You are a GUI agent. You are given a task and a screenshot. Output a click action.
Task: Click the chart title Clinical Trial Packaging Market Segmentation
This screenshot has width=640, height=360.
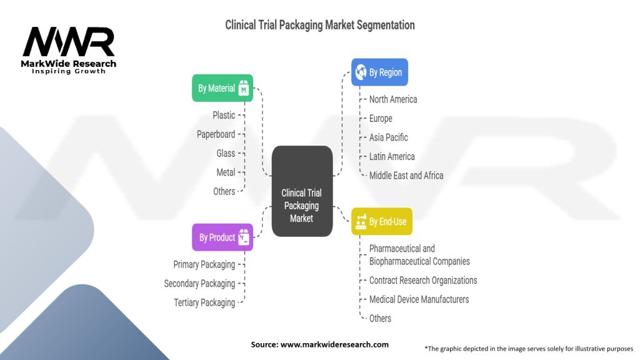point(320,26)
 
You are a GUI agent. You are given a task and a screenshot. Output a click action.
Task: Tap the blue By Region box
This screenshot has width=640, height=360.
point(379,72)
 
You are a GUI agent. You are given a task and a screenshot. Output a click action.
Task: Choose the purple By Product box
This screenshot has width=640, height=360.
point(222,237)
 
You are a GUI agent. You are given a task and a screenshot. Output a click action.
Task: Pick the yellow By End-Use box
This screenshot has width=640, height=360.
point(382,221)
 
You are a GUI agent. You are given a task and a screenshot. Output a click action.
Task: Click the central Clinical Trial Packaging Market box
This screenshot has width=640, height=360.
point(302,191)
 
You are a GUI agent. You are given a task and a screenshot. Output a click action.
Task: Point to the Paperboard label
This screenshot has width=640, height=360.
point(216,134)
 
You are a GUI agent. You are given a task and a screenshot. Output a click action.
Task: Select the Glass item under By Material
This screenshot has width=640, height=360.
point(226,153)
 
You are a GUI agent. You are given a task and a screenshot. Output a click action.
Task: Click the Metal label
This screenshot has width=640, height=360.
point(225,172)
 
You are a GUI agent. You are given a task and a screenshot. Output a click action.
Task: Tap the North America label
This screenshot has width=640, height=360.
point(393,99)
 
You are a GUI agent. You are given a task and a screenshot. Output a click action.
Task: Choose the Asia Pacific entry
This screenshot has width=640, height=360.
point(388,137)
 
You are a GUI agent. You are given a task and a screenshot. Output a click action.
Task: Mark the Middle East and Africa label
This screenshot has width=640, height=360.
point(406,176)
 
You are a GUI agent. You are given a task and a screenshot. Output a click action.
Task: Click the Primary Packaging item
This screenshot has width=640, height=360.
point(204,264)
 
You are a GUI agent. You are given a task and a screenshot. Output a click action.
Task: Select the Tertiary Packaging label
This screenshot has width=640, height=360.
point(204,302)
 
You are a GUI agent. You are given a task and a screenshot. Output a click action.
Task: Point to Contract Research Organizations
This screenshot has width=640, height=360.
point(423,281)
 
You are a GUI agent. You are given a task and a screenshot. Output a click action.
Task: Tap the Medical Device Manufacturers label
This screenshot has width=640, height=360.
point(419,299)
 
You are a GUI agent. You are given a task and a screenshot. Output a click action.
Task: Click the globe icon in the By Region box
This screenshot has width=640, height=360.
point(361,72)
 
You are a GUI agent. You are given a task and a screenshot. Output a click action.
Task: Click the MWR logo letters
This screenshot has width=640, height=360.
point(69,42)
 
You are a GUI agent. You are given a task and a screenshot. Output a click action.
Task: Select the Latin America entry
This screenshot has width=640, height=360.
point(392,156)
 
